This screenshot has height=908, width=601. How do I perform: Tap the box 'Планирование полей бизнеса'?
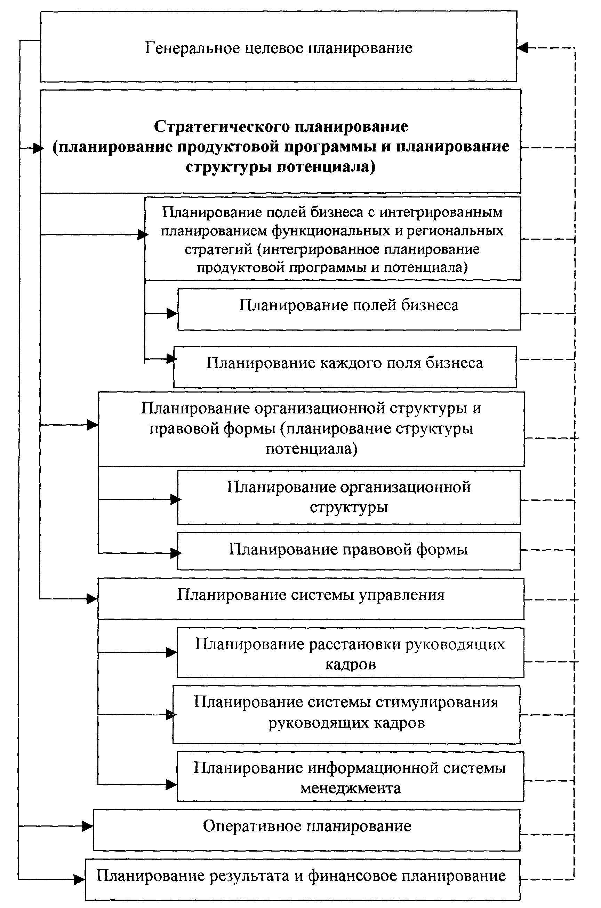tap(349, 309)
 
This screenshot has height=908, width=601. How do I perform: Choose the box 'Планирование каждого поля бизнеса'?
tap(345, 366)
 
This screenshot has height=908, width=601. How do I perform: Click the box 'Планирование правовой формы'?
tap(348, 550)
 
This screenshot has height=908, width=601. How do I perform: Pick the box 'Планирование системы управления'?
tap(311, 598)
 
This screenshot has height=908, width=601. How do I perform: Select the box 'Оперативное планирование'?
tap(307, 830)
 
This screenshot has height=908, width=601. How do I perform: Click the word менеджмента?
tap(351, 788)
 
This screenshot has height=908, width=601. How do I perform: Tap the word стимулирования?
tap(436, 702)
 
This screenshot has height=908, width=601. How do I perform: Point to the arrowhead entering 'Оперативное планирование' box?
tap(88, 826)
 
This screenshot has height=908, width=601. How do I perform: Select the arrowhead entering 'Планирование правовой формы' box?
tap(176, 553)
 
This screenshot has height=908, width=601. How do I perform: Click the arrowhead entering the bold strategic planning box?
tap(38, 148)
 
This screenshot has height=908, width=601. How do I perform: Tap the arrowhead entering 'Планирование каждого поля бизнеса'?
tap(171, 359)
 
